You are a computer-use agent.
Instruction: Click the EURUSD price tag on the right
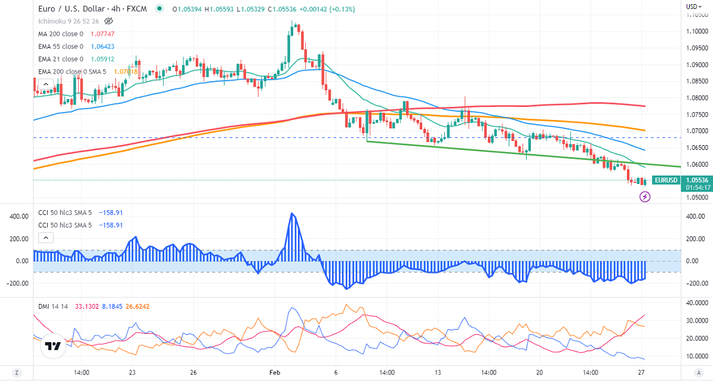[665, 180]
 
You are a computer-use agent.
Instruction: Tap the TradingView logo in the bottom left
[53, 346]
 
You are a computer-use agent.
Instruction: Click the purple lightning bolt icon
[645, 196]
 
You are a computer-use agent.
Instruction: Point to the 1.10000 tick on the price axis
[696, 31]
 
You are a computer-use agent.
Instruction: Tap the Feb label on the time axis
[274, 372]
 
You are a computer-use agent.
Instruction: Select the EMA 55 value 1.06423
[103, 47]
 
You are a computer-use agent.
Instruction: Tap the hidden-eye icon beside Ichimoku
[108, 21]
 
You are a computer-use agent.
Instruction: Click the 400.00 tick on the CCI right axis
[694, 216]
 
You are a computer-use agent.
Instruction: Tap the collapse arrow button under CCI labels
[46, 238]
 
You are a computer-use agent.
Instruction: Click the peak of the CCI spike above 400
[292, 213]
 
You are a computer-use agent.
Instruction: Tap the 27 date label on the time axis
[641, 372]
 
